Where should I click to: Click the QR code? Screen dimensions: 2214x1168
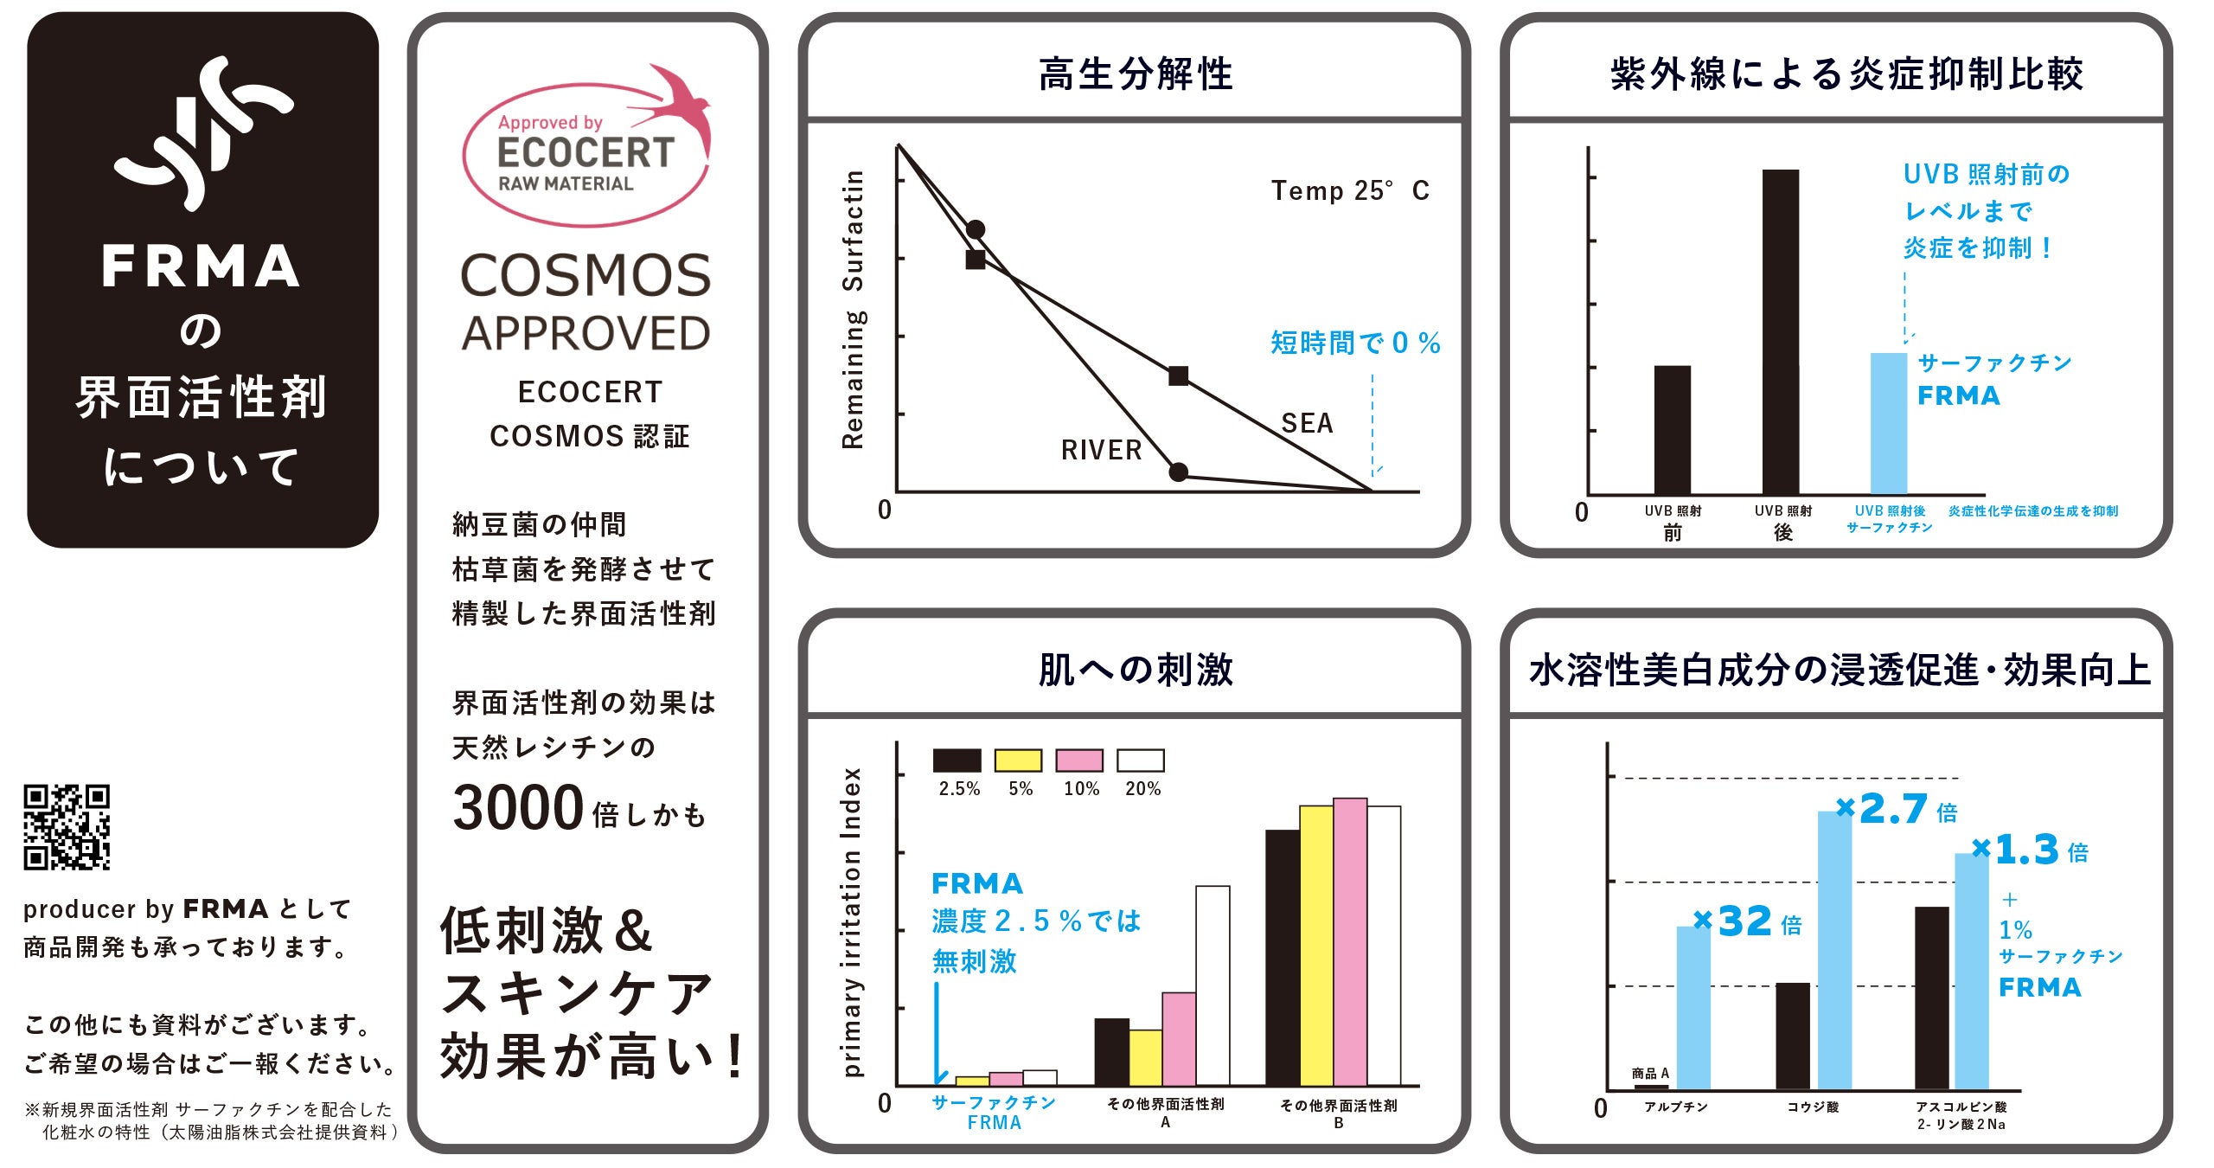click(67, 826)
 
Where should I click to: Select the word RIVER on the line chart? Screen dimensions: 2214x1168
click(1101, 450)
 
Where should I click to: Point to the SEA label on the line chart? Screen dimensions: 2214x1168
click(1307, 423)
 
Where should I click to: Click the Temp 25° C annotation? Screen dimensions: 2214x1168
click(1349, 190)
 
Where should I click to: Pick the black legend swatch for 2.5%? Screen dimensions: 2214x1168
click(957, 760)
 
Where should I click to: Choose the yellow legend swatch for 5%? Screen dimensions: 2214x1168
click(1018, 760)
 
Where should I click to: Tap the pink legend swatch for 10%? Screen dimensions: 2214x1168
click(1079, 760)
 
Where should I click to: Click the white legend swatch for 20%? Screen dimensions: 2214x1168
click(1141, 760)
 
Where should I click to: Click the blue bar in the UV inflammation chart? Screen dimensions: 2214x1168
click(1889, 423)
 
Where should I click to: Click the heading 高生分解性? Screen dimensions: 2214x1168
click(1136, 74)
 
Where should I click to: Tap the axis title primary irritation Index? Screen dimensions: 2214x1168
click(853, 921)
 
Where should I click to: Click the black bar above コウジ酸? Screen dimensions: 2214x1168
click(1793, 1036)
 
